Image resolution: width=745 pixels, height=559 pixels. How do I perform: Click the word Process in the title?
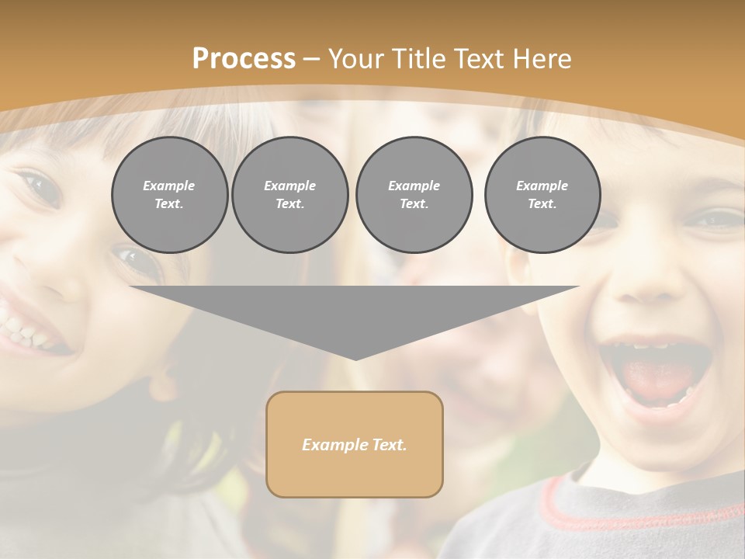point(244,59)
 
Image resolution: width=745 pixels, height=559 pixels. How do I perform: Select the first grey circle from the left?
point(169,195)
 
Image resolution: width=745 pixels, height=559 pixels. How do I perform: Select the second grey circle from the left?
point(289,195)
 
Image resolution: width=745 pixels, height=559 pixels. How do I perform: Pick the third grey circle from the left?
point(414,195)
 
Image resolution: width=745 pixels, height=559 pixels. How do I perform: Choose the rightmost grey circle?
point(542,195)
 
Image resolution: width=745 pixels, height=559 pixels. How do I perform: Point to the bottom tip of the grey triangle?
point(355,359)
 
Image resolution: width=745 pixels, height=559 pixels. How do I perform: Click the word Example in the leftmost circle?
point(169,186)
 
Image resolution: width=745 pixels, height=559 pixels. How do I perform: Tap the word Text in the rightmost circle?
point(542,204)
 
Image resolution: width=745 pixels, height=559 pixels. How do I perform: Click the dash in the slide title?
point(312,59)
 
